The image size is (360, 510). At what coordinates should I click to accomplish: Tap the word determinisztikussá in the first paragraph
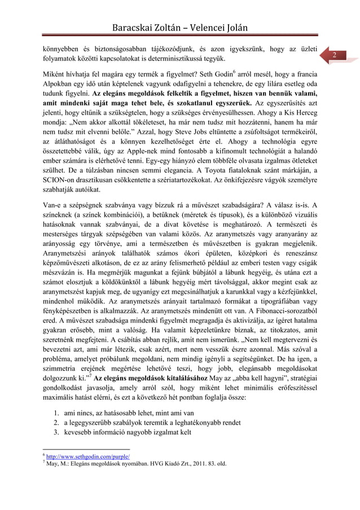(x=193, y=59)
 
